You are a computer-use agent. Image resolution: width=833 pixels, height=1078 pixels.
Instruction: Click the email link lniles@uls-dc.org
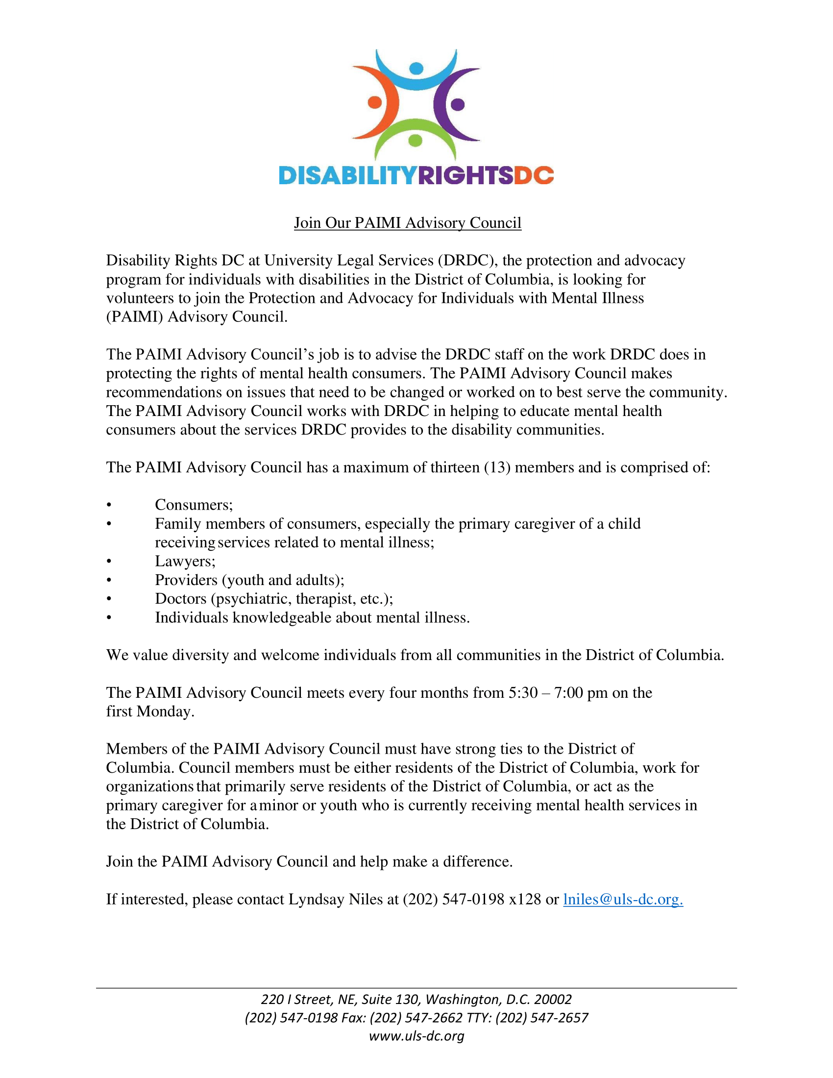tap(623, 899)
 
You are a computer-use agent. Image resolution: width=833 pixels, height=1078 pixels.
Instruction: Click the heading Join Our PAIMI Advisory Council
tap(408, 222)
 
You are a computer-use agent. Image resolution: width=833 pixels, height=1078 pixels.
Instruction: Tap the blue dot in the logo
tap(416, 68)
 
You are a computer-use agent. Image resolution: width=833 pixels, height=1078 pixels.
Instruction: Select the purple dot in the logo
tap(458, 104)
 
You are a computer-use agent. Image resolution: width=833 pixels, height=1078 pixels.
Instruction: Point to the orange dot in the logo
tap(374, 102)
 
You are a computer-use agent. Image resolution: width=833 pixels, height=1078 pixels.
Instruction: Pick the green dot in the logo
tap(416, 141)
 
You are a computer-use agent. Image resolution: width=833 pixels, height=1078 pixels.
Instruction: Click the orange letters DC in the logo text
tap(534, 175)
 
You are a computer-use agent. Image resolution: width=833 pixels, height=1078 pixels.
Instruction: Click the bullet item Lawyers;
tap(185, 561)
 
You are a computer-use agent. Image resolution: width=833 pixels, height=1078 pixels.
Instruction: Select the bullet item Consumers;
tap(194, 505)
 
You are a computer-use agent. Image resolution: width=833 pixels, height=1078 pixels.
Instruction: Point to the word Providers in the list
tap(186, 580)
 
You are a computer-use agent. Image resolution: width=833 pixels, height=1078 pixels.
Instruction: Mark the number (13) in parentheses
tap(497, 467)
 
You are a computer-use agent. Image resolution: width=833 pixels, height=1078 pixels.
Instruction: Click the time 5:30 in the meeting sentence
tap(523, 693)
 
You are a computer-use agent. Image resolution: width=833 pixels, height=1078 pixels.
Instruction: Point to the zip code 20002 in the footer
tap(553, 1000)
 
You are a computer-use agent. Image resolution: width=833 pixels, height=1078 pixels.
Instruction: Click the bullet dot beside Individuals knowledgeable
tap(109, 618)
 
